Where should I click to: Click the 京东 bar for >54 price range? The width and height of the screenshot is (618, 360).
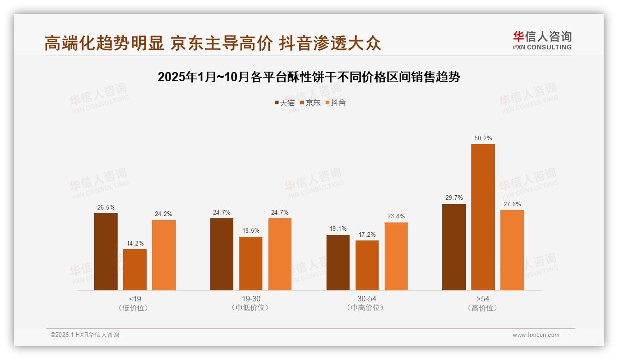483,217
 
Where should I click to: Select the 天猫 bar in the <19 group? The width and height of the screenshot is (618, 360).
106,252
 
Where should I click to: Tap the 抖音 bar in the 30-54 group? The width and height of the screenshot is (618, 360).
396,256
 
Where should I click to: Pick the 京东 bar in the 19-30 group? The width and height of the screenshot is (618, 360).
251,264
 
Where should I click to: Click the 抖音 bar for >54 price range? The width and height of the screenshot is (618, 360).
512,250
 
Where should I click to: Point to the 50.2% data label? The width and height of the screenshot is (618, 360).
483,138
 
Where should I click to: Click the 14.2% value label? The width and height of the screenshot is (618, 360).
135,243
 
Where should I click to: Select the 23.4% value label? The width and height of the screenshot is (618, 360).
396,216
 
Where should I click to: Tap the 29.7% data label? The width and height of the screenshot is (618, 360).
454,198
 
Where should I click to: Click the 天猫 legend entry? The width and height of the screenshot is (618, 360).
284,102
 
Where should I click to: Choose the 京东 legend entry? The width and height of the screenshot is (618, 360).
310,102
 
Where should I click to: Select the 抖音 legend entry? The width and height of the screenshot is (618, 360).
335,102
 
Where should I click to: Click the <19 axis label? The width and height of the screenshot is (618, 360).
135,299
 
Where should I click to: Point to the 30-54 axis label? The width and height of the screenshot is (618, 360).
367,299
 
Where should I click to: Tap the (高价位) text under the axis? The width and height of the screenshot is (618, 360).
483,308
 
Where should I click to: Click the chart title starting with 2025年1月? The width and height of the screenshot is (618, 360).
309,77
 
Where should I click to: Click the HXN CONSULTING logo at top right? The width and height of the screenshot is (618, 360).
542,40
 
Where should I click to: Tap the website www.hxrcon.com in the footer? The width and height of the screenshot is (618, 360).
536,335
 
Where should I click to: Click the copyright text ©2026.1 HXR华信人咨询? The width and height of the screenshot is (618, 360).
85,335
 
